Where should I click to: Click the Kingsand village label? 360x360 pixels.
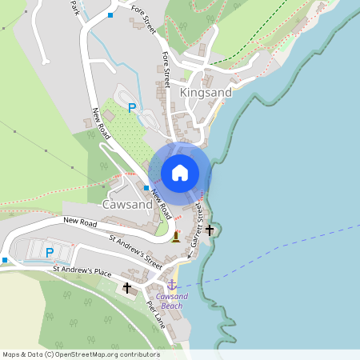pyautogui.click(x=206, y=93)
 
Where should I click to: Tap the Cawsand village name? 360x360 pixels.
pyautogui.click(x=127, y=205)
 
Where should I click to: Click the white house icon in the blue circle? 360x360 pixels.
pyautogui.click(x=180, y=172)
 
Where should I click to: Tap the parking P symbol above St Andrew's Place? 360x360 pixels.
pyautogui.click(x=50, y=253)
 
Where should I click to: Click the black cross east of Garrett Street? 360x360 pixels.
pyautogui.click(x=210, y=230)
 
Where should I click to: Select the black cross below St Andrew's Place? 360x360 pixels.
pyautogui.click(x=126, y=286)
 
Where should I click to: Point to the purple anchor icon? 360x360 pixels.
pyautogui.click(x=170, y=284)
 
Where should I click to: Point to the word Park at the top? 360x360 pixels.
pyautogui.click(x=76, y=7)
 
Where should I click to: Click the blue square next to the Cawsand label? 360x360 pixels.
pyautogui.click(x=146, y=188)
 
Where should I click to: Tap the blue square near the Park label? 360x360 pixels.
pyautogui.click(x=110, y=14)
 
